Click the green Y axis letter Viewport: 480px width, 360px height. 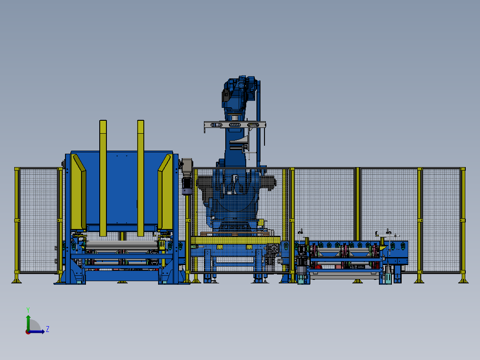coord(28,310)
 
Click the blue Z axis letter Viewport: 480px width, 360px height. coord(48,329)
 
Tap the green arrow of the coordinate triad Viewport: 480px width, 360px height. coord(28,323)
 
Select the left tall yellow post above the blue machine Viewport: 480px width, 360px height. coord(103,178)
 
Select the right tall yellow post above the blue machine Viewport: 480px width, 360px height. coord(141,178)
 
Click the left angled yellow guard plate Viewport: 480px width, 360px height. coord(78,192)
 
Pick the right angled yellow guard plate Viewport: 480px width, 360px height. coord(165,192)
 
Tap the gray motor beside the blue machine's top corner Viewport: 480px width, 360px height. coord(187,176)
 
